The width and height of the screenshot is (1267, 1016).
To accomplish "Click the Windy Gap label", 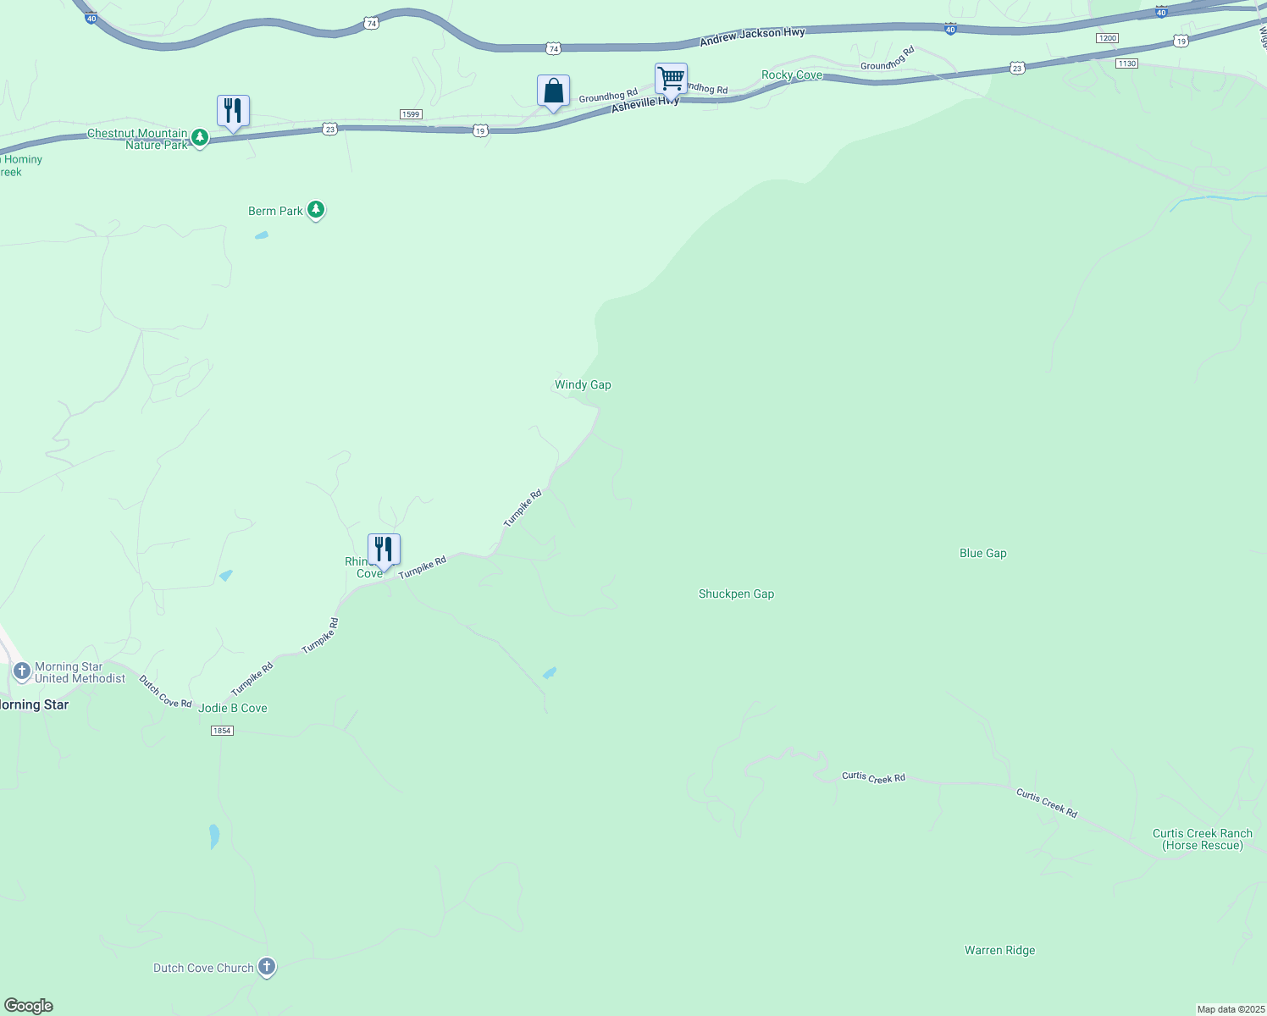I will point(583,384).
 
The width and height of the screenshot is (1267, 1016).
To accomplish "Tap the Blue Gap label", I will point(982,553).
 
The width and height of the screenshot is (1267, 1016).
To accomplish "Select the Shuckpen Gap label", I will point(736,594).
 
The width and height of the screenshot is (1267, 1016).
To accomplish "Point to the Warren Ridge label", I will point(999,950).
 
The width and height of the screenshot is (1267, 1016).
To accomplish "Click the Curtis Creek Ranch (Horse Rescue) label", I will point(1202,839).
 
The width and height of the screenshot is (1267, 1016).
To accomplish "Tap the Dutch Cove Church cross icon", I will point(267,967).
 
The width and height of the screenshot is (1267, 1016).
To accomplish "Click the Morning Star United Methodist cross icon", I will point(22,672).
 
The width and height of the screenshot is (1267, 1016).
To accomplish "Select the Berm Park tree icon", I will point(316,209).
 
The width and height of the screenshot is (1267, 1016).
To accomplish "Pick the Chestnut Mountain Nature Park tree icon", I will point(199,137).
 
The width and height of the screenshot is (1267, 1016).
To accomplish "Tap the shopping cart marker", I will point(671,80).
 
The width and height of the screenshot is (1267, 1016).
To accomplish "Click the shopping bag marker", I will point(553,91).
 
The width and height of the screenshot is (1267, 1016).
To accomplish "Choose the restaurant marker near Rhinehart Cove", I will point(384,550).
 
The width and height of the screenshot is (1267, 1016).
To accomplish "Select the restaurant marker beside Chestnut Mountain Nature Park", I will point(233,112).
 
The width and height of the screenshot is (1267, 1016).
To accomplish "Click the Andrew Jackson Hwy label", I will point(752,37).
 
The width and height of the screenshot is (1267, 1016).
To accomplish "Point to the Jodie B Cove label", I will point(233,708).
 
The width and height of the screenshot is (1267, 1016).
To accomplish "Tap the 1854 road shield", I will point(221,731).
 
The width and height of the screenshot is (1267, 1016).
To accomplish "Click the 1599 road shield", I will point(411,114).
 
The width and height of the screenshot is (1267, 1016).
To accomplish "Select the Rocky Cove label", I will point(792,75).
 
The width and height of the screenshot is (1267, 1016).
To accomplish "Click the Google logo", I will point(29,1005).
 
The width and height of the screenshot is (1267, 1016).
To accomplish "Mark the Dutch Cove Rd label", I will point(165,692).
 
